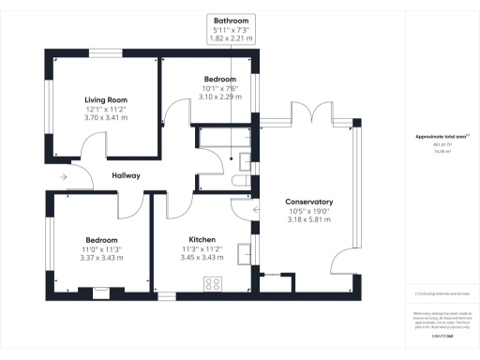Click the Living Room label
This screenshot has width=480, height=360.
105,99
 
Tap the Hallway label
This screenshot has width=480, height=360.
126,175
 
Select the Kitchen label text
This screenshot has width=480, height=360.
202,239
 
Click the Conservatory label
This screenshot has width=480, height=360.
308,202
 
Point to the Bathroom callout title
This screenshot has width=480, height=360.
231,20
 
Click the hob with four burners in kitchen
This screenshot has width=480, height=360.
213,284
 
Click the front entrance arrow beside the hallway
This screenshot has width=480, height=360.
62,176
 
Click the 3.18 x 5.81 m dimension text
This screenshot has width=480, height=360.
308,221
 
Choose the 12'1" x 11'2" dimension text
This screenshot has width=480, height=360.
105,110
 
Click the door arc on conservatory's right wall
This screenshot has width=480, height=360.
348,262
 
